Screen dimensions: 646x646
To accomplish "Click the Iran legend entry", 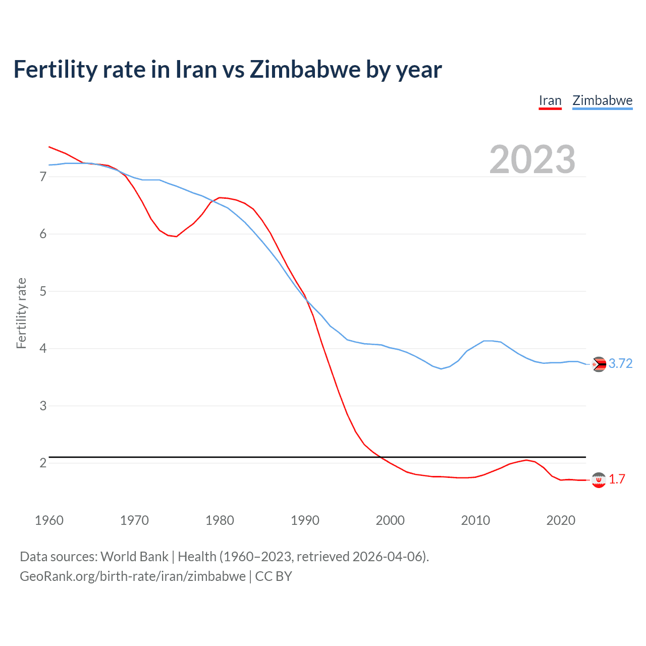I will [x=550, y=100].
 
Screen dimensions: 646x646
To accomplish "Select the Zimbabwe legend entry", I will [x=602, y=100].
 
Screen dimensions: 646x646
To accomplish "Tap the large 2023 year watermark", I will [x=532, y=159].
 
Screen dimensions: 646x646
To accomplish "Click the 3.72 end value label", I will [x=620, y=363].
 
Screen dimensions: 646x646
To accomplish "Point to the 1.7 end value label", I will [x=617, y=479].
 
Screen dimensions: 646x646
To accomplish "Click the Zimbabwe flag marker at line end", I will [x=599, y=364].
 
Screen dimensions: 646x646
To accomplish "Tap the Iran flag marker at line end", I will [x=599, y=480].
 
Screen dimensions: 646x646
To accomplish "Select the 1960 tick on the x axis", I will [x=49, y=520].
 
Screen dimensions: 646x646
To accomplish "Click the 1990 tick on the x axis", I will [x=305, y=520].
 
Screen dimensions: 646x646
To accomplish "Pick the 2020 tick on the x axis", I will [x=561, y=520].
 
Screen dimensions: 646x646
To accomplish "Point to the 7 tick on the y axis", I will [x=43, y=177].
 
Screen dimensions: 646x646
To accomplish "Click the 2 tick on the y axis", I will [x=43, y=463].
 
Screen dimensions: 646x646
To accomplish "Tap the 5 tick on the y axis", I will [x=43, y=291].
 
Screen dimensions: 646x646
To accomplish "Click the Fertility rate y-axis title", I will [x=21, y=313].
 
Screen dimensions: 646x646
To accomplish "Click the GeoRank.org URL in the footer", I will [x=133, y=576].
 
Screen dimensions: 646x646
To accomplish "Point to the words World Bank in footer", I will [x=134, y=556].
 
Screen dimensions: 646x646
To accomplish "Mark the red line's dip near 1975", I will [x=176, y=236].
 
